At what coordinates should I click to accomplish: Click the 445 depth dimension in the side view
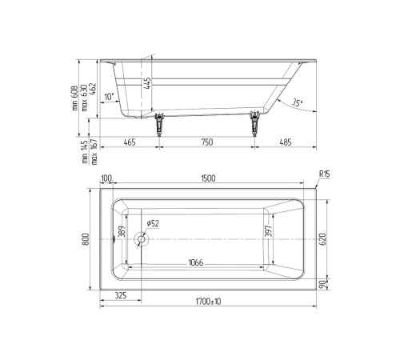coord(146,83)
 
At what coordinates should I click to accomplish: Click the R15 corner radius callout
coord(324,175)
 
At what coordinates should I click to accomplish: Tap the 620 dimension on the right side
coord(322,237)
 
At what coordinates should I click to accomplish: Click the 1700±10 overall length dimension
coord(207,301)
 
